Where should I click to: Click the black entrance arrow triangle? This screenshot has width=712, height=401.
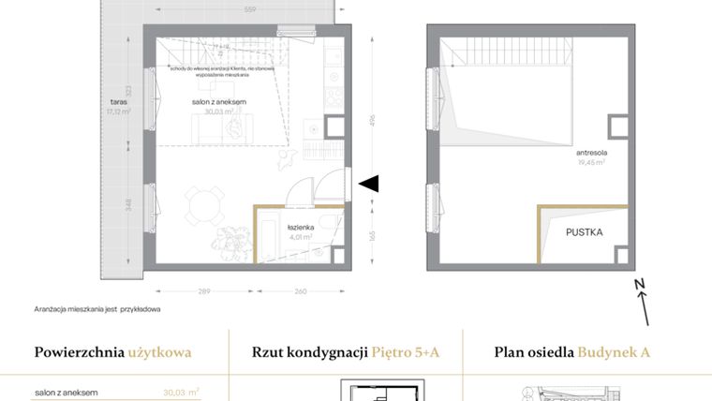[369, 184]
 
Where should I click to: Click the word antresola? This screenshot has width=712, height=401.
[591, 152]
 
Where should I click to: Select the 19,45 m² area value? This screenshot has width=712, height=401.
[591, 161]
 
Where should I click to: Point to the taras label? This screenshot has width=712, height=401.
[116, 102]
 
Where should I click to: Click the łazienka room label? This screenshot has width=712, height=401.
[301, 228]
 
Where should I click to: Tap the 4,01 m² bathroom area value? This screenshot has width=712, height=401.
[301, 237]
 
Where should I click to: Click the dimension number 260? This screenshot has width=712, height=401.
[299, 290]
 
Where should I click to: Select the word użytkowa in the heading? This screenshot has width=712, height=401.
[160, 353]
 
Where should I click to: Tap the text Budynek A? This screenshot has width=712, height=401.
[614, 353]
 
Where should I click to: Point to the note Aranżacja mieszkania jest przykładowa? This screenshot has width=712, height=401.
[98, 308]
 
